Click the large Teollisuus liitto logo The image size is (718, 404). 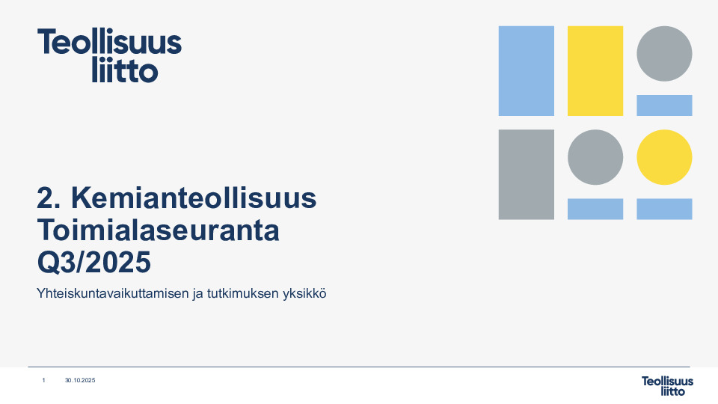[x=109, y=55]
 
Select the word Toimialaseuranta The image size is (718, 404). [x=158, y=230]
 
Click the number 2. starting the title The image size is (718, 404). [x=49, y=199]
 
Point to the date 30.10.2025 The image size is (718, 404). [x=80, y=381]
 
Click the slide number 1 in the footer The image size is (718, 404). [x=43, y=381]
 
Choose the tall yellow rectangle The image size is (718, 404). [x=595, y=70]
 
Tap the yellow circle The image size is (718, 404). [x=664, y=157]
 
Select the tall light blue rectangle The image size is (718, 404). [x=526, y=70]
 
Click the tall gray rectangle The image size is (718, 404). [x=526, y=174]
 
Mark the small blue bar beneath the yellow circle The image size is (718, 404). [x=664, y=209]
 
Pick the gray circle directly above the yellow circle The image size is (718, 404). [x=664, y=54]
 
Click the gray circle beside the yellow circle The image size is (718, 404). [x=595, y=157]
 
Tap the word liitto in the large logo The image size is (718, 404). [x=124, y=71]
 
